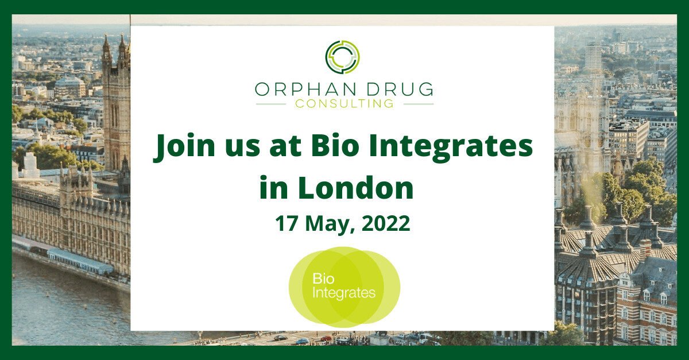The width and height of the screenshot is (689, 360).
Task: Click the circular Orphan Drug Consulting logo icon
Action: click(343, 57)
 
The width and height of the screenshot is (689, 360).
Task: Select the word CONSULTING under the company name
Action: click(344, 104)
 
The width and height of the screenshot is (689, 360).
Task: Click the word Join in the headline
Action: click(180, 148)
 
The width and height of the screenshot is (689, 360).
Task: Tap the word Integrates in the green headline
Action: click(448, 148)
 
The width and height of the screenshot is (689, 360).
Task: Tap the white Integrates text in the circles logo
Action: click(343, 293)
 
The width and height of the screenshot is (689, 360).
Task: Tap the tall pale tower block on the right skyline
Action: click(593, 57)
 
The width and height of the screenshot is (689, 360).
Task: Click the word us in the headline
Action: click(237, 148)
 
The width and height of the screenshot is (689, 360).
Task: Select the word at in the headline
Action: click(284, 148)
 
